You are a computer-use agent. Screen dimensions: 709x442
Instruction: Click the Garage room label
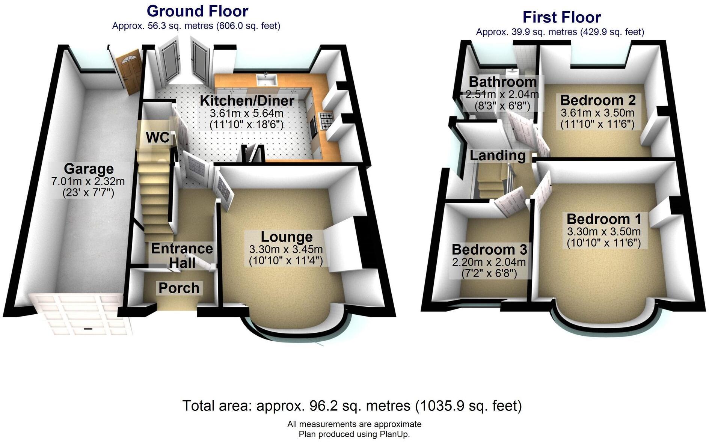pos(89,169)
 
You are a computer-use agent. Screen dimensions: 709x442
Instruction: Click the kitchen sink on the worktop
pos(267,79)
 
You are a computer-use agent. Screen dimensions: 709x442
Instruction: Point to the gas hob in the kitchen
pos(326,120)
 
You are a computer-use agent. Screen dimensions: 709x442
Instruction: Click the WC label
pos(157,137)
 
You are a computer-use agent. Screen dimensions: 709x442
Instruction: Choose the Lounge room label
pos(287,237)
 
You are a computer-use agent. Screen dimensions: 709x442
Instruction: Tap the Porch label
pos(179,288)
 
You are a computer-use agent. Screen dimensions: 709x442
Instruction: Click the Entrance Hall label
pos(182,255)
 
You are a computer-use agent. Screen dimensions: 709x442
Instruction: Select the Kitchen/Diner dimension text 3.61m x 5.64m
pos(246,113)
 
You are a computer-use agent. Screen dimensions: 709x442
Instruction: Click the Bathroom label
pos(503,82)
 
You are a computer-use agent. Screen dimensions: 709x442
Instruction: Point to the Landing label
pos(498,155)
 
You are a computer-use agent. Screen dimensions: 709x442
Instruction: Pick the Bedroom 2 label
pos(598,100)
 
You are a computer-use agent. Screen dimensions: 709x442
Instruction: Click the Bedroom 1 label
pos(604,219)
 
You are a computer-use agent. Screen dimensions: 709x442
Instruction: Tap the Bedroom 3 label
pos(489,249)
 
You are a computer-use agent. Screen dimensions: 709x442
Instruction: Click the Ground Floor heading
pos(197,11)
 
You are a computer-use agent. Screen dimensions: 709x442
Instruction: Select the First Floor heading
pos(561,17)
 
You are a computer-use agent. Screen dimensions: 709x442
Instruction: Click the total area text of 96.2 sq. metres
pos(352,406)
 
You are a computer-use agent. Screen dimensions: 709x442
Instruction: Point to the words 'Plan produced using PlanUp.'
pos(354,434)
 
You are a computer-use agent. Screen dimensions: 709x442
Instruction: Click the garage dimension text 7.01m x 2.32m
pos(88,181)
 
